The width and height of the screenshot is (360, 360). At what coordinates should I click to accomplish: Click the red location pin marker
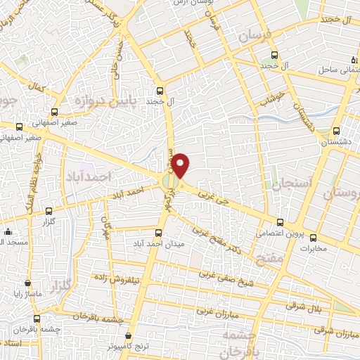181,165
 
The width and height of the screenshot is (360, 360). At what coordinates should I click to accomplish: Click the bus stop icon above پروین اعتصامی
280,221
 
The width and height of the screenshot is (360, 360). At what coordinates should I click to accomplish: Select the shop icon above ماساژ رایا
27,283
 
